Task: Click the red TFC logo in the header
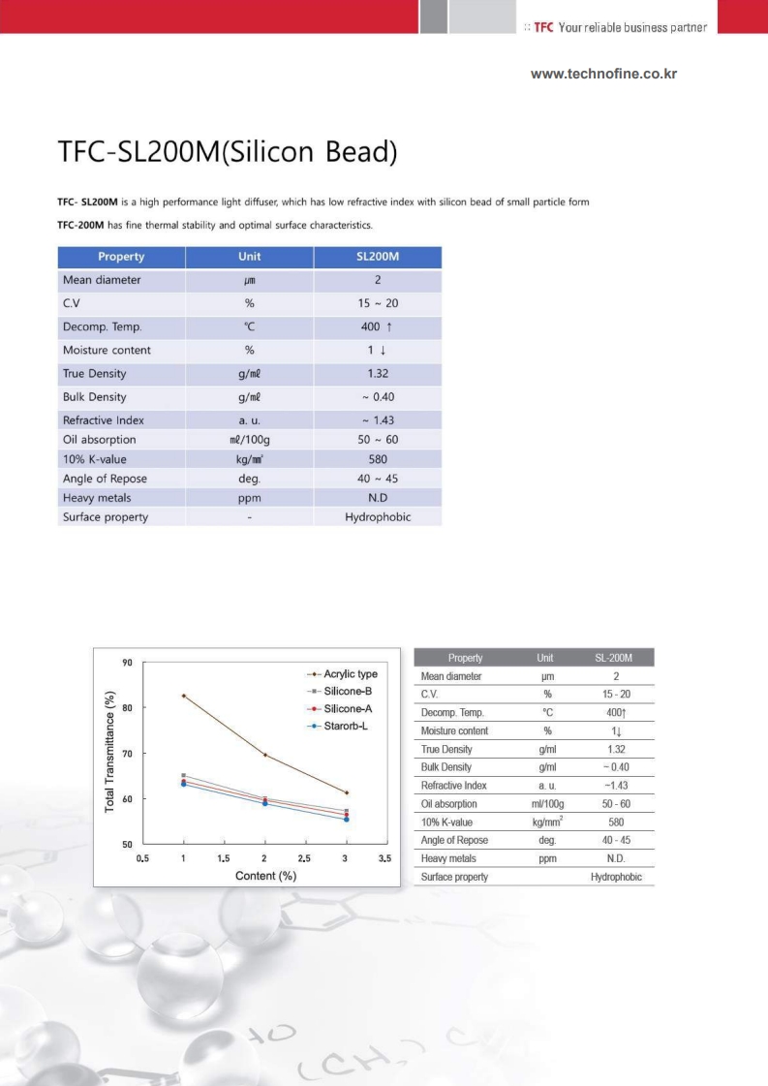[x=543, y=26]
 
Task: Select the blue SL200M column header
[x=378, y=257]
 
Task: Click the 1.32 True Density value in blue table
[x=378, y=374]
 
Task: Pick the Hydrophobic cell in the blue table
[x=378, y=517]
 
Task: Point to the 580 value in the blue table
[x=378, y=459]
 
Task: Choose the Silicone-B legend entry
[x=348, y=691]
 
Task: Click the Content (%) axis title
[x=264, y=875]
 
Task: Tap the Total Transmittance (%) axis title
[x=110, y=753]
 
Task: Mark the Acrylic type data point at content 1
[x=183, y=696]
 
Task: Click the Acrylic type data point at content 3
[x=346, y=793]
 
